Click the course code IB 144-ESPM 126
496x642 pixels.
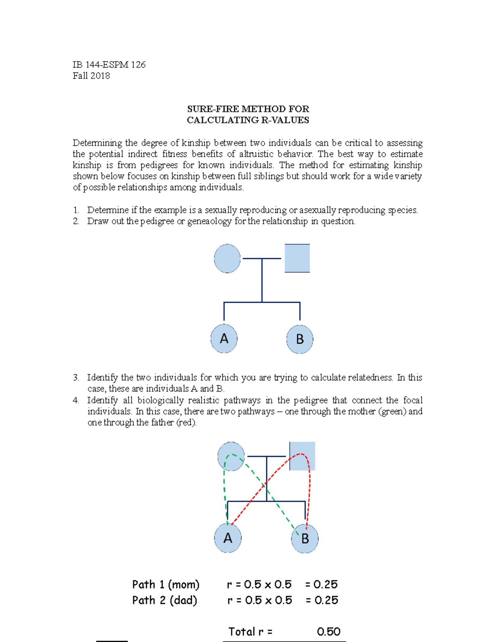[109, 64]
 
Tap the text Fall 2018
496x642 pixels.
[91, 76]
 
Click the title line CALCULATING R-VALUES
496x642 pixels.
[248, 120]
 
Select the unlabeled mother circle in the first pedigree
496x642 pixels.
[227, 258]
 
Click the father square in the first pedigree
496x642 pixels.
[297, 258]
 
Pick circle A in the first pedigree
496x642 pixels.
[224, 339]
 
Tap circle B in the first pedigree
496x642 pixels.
[300, 339]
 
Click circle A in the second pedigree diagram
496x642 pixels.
[228, 538]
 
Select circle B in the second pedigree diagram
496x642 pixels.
[305, 539]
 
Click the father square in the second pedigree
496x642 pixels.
[302, 456]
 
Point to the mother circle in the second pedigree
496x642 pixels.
[231, 456]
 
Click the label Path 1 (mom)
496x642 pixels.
[166, 585]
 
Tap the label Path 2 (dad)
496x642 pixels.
[165, 600]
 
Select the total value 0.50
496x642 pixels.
[329, 632]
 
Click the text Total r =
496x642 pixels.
[250, 632]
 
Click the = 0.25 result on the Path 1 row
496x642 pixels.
[322, 585]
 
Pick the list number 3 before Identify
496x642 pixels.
[76, 377]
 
